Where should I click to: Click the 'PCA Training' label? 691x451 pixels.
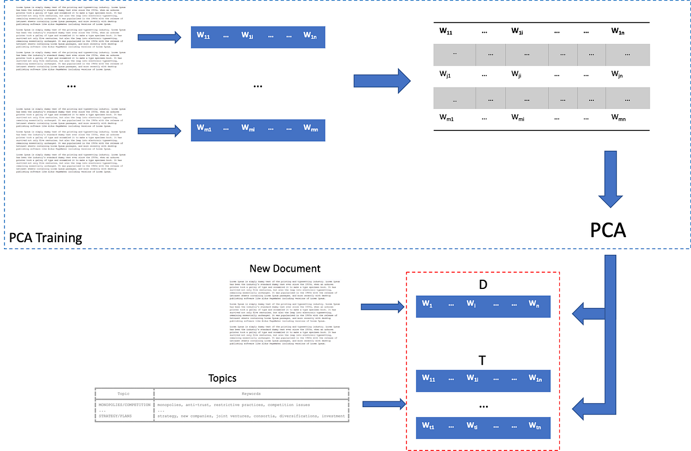[x=45, y=238]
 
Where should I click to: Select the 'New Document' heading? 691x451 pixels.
[x=285, y=269]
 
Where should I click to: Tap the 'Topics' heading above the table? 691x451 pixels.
[x=222, y=378]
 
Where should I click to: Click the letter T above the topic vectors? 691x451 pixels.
[x=483, y=360]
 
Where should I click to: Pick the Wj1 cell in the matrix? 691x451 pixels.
[x=445, y=74]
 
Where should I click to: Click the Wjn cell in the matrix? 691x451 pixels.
[x=618, y=74]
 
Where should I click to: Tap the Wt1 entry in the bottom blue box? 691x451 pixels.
[x=429, y=426]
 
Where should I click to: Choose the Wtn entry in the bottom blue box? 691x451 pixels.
[x=536, y=426]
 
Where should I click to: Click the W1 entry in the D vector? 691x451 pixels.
[x=427, y=303]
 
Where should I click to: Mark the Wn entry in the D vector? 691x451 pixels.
[x=534, y=303]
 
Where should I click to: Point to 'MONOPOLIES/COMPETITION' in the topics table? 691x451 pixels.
[x=124, y=405]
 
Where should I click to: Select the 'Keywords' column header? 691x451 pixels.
[x=251, y=394]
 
